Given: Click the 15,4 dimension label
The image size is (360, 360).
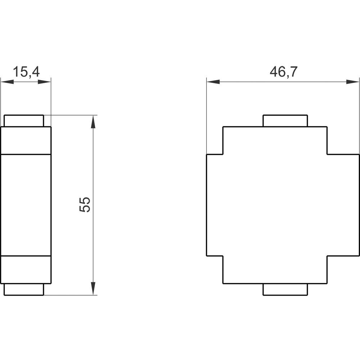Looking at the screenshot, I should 26,72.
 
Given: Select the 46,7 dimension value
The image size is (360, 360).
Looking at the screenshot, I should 283,72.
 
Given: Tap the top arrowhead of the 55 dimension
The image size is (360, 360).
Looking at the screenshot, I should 93,122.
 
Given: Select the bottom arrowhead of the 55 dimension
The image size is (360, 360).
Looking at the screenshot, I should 93,288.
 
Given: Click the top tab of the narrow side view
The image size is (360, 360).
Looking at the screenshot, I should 24,121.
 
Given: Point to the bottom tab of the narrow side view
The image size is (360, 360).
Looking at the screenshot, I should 24,289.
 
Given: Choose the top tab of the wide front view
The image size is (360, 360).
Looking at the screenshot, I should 285,121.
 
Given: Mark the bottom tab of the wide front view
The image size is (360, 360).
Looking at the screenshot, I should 285,289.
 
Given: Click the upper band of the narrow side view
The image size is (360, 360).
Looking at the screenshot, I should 26,141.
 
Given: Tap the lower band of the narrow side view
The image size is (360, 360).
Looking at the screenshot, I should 26,270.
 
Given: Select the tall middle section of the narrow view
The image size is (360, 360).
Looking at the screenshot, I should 26,205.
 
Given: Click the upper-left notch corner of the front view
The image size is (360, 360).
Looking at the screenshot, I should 223,154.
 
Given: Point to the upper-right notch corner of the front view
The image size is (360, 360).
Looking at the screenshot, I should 327,154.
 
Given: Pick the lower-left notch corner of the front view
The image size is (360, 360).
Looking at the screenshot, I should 223,256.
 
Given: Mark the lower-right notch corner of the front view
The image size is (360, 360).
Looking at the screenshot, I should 327,256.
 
